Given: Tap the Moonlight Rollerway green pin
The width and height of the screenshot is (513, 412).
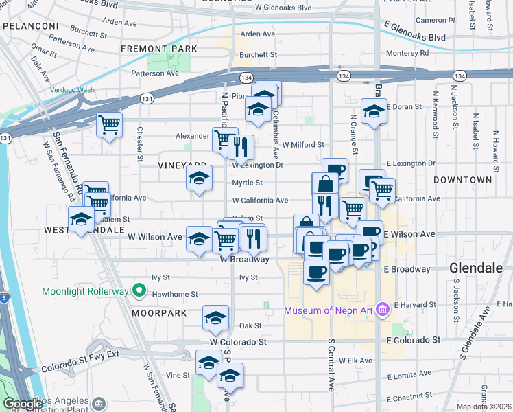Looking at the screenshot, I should (x=139, y=291).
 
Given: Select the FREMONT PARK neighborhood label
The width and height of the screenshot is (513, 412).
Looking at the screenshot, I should (x=158, y=49).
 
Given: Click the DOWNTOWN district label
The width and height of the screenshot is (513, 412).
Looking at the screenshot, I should (x=462, y=179).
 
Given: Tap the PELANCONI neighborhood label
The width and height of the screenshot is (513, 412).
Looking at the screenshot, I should (x=31, y=25).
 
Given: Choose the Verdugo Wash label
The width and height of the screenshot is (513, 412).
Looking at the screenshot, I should (x=72, y=90).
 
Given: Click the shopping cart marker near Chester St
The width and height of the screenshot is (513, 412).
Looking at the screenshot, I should (x=109, y=125).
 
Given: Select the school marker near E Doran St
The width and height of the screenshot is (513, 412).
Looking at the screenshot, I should (x=373, y=111).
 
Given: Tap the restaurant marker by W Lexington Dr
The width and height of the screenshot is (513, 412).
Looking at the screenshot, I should (x=240, y=147).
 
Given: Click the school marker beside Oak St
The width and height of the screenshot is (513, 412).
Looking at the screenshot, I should (x=215, y=318).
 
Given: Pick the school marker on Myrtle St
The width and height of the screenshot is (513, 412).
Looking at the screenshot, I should (x=199, y=179).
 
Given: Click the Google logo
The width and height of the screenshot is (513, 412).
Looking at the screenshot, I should (x=23, y=404).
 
